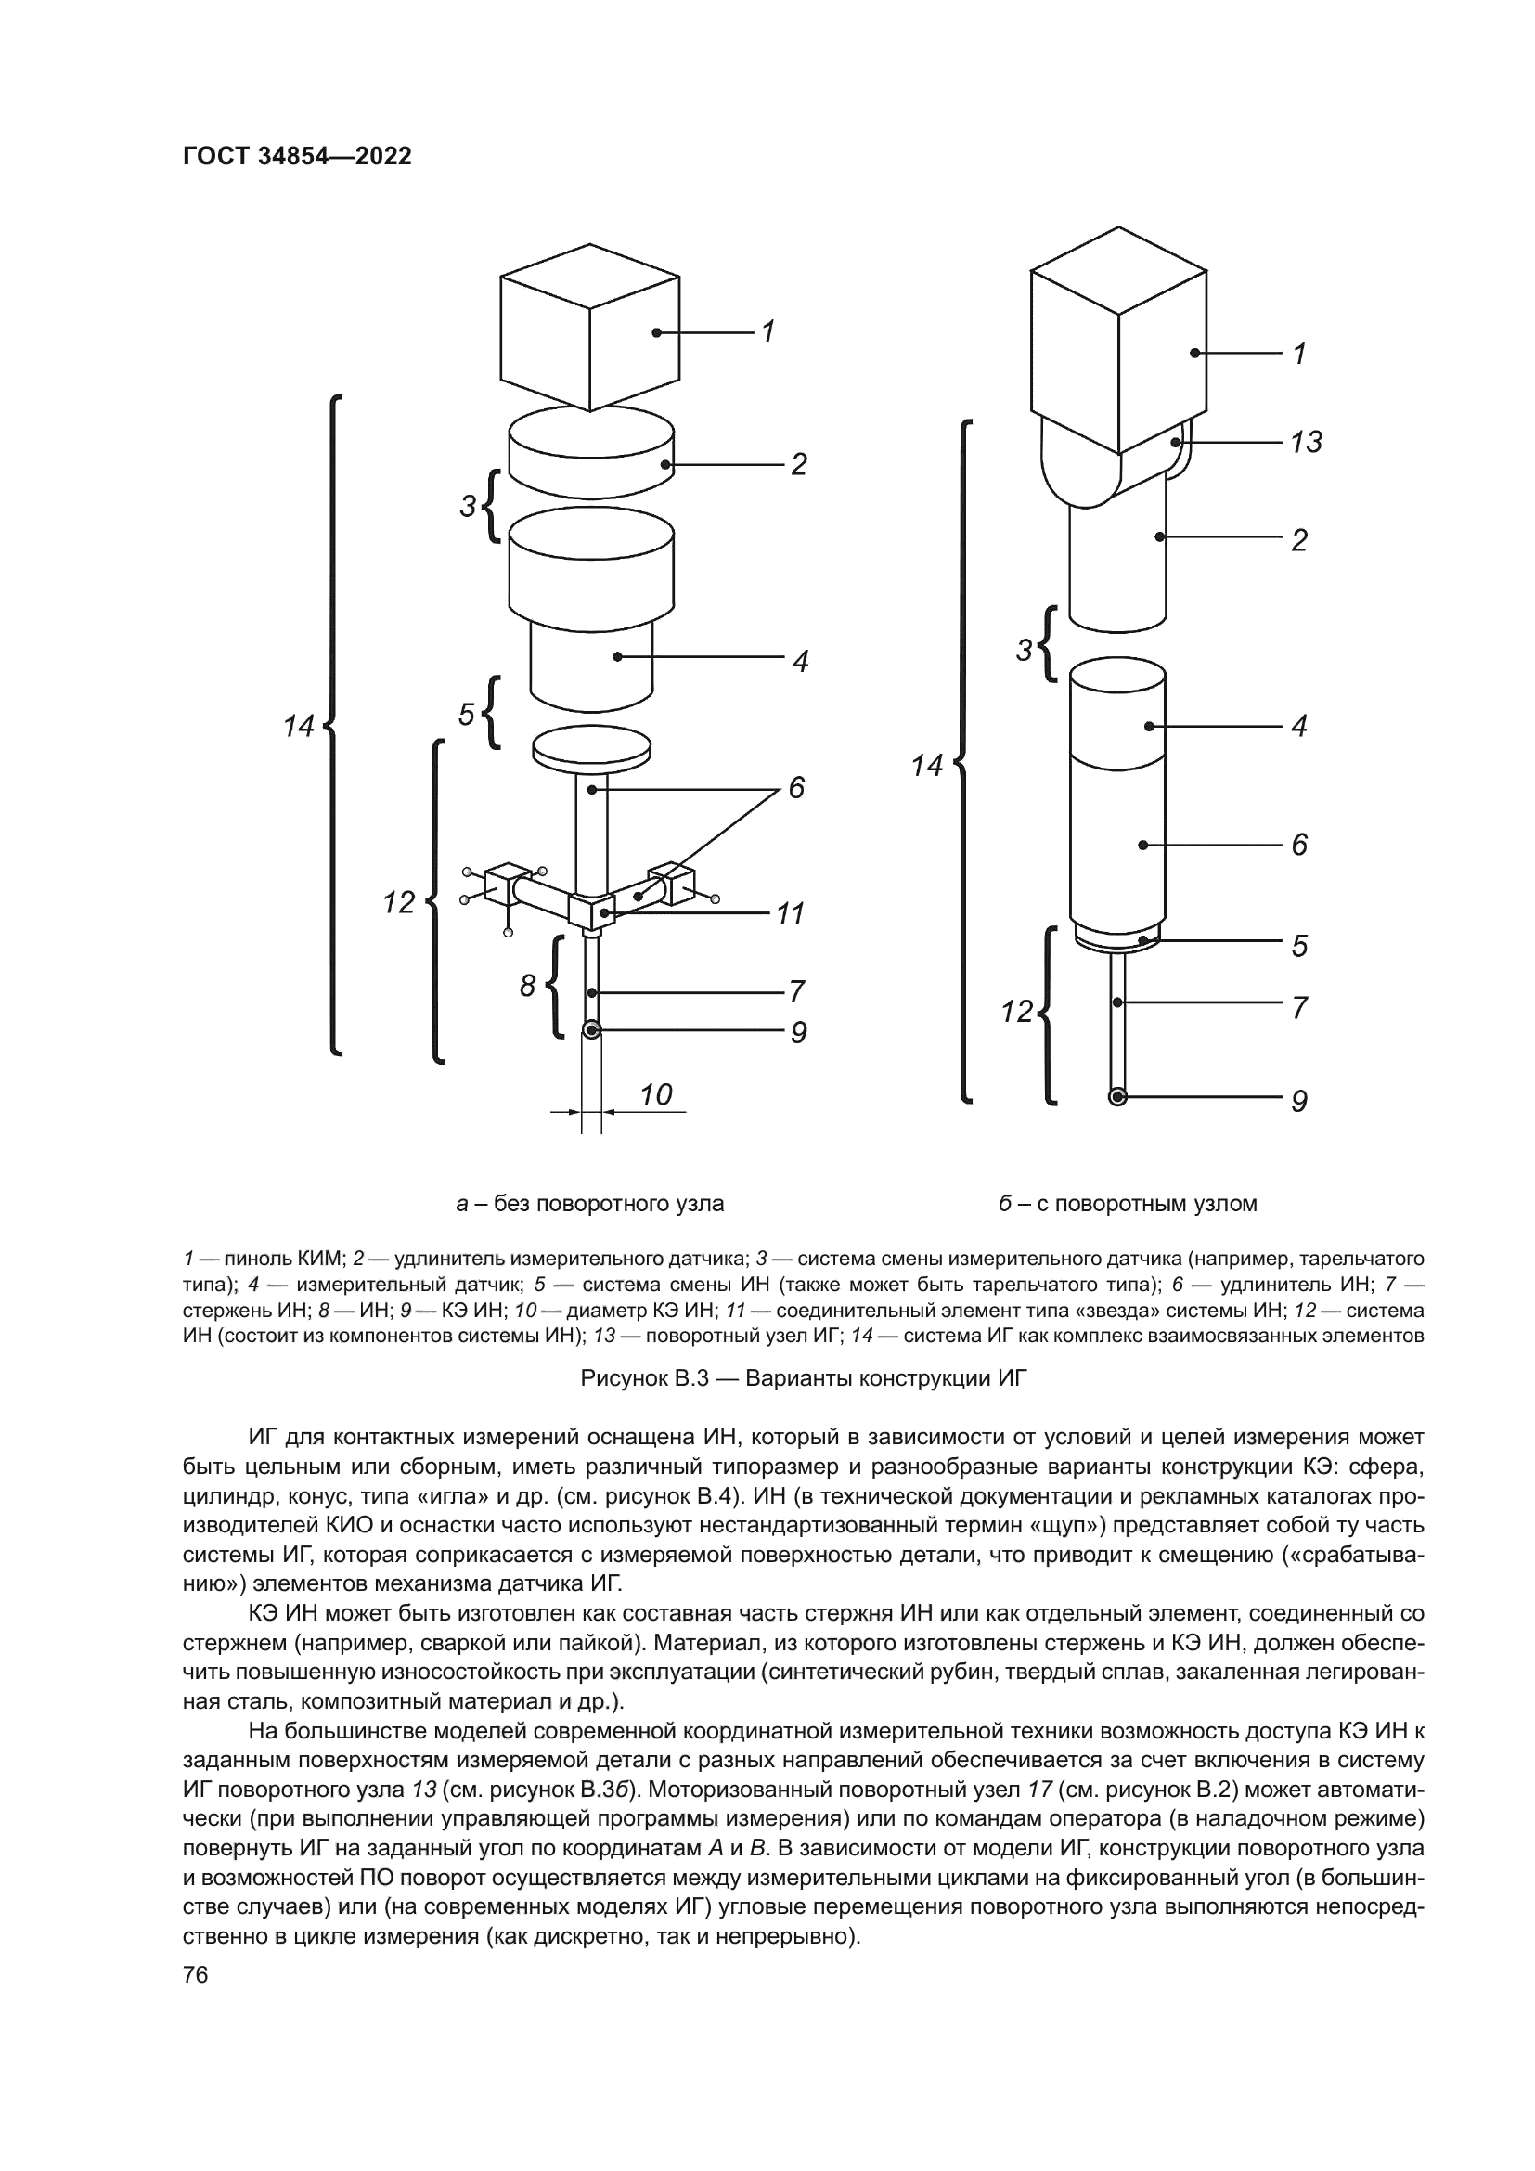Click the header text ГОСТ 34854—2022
[297, 157]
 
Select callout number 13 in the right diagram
[1306, 442]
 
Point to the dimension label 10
[655, 1094]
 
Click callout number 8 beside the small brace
[527, 987]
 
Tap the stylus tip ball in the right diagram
[1117, 1097]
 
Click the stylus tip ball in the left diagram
[592, 1029]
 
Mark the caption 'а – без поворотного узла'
[590, 1204]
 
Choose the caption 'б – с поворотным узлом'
[1128, 1204]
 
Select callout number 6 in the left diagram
[796, 787]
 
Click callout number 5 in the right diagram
[1298, 946]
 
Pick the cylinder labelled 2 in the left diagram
[592, 449]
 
